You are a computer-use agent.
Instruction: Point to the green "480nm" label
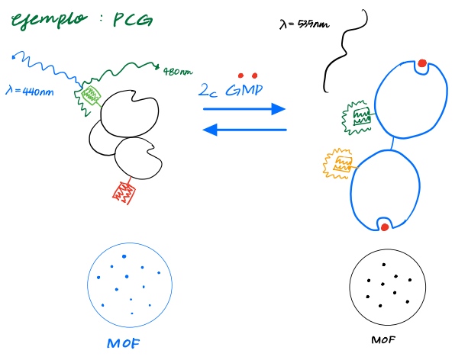(177, 72)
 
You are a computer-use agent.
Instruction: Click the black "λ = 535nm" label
(304, 25)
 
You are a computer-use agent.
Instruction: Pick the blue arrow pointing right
(244, 110)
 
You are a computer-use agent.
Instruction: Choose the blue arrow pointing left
(244, 130)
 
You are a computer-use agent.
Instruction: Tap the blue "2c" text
(208, 92)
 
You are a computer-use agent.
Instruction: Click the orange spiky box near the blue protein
(339, 163)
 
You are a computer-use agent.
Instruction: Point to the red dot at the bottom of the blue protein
(384, 227)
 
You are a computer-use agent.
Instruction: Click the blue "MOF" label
(124, 343)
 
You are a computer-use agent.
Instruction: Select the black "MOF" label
(383, 340)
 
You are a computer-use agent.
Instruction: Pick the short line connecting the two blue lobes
(392, 143)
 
